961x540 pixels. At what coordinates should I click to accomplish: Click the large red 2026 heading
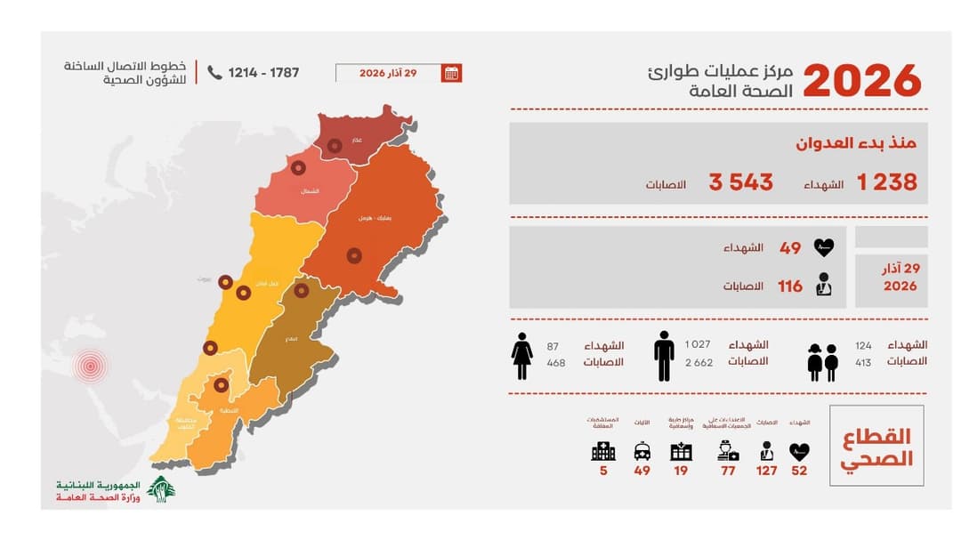pos(862,81)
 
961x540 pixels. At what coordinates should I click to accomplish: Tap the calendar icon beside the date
pos(451,73)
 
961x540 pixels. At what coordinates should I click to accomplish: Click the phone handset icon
pos(214,72)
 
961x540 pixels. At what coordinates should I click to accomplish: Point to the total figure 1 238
pos(886,182)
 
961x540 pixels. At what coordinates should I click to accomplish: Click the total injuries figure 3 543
pos(740,182)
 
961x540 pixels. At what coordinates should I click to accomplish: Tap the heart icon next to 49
pos(823,248)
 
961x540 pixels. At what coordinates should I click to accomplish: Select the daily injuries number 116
pos(789,286)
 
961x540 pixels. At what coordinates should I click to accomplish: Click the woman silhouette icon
pos(522,355)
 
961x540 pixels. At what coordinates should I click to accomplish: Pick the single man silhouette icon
pos(664,355)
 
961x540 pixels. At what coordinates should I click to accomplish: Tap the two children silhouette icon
pos(822,362)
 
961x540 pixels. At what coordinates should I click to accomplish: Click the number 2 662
pos(699,362)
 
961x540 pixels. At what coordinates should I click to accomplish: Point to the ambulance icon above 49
pos(642,452)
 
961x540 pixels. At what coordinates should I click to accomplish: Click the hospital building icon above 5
pos(602,452)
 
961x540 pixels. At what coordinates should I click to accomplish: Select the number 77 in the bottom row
pos(728,471)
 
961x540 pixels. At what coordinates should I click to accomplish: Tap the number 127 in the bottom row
pos(766,471)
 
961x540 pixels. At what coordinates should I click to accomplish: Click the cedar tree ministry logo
pos(161,488)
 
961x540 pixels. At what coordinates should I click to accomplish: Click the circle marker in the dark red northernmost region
pos(335,145)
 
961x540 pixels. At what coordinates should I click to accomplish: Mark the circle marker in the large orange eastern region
pos(354,255)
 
